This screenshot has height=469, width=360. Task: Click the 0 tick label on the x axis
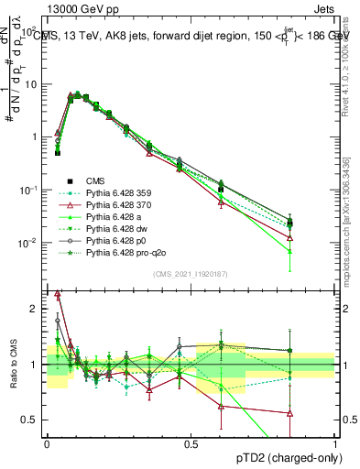[x=47, y=442]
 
